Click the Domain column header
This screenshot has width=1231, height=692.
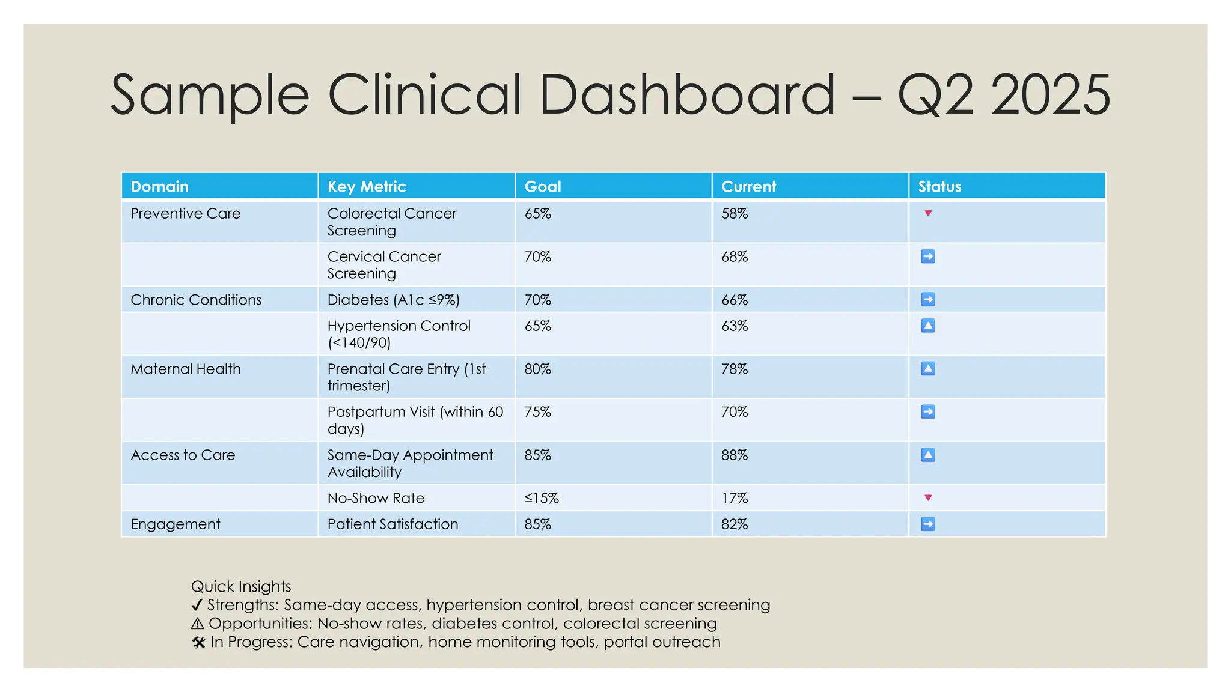[x=159, y=187]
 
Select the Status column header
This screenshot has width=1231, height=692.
[x=939, y=187]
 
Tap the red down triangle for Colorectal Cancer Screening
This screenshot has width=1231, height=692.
[x=928, y=213]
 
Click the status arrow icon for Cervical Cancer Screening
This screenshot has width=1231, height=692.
[x=928, y=257]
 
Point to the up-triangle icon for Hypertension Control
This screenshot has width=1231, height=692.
[x=928, y=326]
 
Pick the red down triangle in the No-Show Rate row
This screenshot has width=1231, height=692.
[x=928, y=498]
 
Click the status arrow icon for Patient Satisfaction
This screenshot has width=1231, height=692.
[x=928, y=524]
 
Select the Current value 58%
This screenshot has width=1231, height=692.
[x=735, y=214]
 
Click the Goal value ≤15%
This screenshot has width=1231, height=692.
[x=541, y=499]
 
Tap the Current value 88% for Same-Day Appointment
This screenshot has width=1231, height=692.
[x=735, y=455]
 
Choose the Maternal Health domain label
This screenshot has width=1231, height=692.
[x=186, y=369]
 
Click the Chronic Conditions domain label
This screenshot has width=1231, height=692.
[x=196, y=300]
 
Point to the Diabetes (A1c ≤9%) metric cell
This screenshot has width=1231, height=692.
[x=393, y=300]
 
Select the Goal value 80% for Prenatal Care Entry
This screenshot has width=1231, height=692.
[x=537, y=369]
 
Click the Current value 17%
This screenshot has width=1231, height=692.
[x=735, y=499]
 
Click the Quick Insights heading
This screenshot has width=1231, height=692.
[x=241, y=586]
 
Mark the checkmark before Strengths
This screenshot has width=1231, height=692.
[x=197, y=605]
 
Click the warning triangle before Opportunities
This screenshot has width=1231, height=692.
[x=198, y=624]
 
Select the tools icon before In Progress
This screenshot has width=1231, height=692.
[x=198, y=643]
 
